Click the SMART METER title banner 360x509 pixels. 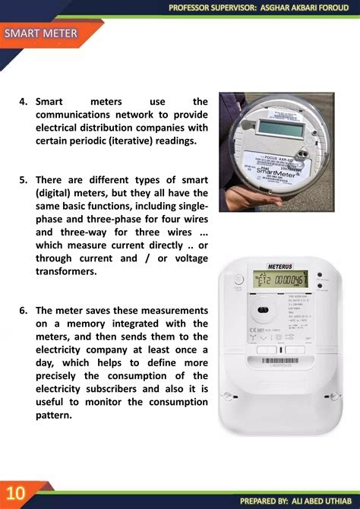pos(42,33)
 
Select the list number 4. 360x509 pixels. pos(24,102)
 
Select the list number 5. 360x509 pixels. pos(24,179)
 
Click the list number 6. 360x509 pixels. pos(24,311)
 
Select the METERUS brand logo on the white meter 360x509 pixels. pos(280,266)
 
